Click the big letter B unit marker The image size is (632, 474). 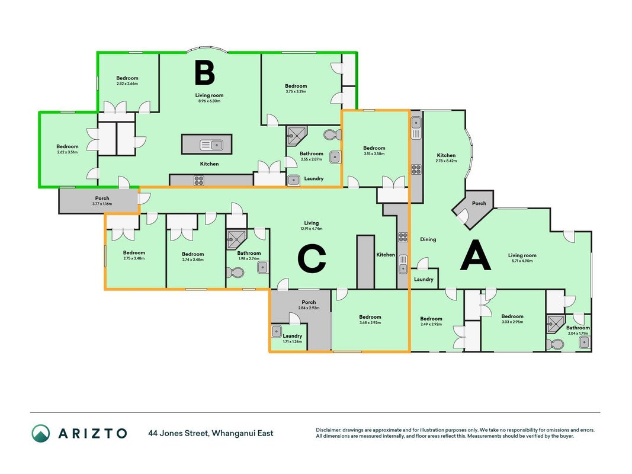pos(204,72)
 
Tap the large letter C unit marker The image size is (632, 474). pos(312,259)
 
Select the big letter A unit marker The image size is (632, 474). pos(476,255)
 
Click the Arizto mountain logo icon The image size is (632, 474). pos(41,433)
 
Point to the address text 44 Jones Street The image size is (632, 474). pos(178,433)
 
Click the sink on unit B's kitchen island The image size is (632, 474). pos(211,145)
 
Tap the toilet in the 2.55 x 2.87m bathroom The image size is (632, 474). pos(332,134)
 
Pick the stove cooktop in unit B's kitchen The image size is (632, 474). pos(198,180)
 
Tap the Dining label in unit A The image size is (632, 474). pos(428,239)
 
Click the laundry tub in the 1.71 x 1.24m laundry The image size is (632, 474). pos(277,331)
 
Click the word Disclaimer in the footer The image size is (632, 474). pos(329,430)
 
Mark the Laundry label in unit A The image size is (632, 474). pos(424,279)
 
